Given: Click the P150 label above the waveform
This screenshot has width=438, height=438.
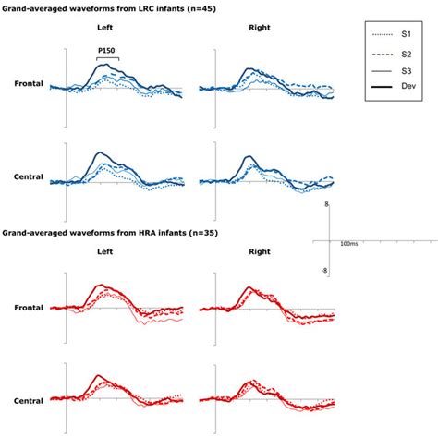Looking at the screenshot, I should tap(106, 53).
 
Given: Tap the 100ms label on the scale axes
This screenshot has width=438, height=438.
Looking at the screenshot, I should tap(348, 245).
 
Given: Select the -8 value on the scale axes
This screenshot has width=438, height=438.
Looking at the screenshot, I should tap(323, 270).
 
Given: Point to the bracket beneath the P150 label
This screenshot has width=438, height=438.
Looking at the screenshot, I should tap(106, 60).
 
